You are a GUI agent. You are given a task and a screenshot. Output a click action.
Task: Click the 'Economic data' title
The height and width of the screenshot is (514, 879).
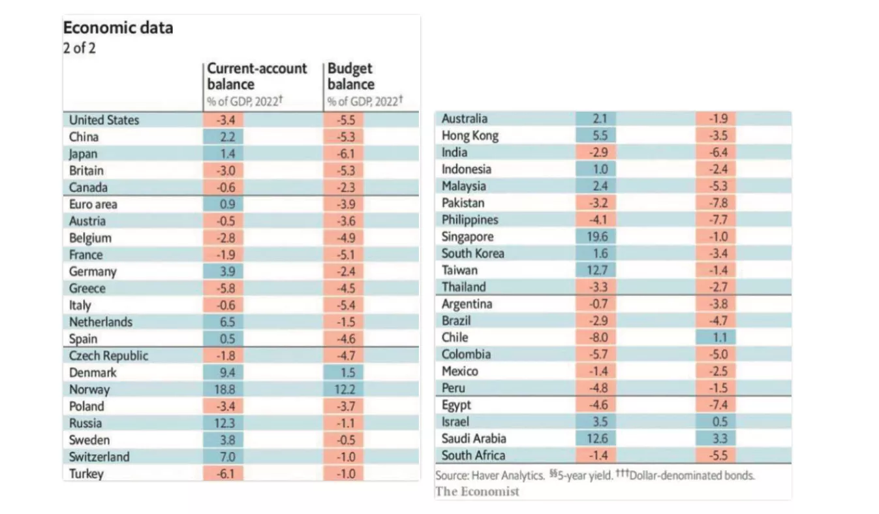[x=117, y=28]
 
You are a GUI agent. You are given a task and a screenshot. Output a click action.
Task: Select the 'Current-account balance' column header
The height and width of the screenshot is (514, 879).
[x=256, y=76]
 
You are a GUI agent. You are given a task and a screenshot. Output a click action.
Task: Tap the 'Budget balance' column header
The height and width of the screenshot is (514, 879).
[x=351, y=76]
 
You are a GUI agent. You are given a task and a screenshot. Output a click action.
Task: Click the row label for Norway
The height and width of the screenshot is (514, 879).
[x=89, y=389]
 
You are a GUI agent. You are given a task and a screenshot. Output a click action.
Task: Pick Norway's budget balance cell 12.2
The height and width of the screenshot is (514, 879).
[x=343, y=389]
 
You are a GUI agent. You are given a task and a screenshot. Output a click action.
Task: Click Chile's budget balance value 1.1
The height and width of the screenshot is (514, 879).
[x=716, y=338]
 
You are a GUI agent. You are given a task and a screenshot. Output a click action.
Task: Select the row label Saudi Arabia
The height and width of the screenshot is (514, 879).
[x=474, y=438]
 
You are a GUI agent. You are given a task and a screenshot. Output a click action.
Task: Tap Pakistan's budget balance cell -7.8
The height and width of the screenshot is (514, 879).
[x=716, y=203]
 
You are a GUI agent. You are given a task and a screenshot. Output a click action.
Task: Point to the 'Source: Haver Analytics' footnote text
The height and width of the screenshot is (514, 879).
[x=489, y=475]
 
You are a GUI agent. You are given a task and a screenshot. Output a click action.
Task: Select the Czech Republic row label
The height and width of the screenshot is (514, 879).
[x=108, y=355]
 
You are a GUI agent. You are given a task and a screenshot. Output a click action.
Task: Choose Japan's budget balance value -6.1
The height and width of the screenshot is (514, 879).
[x=343, y=153]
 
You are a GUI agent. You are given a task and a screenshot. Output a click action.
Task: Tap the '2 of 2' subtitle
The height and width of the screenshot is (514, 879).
[x=79, y=48]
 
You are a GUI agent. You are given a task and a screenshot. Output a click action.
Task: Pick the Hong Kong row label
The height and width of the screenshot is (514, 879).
[x=470, y=136]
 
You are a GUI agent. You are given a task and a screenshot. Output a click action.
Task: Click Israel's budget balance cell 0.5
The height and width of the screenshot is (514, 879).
[x=716, y=422]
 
